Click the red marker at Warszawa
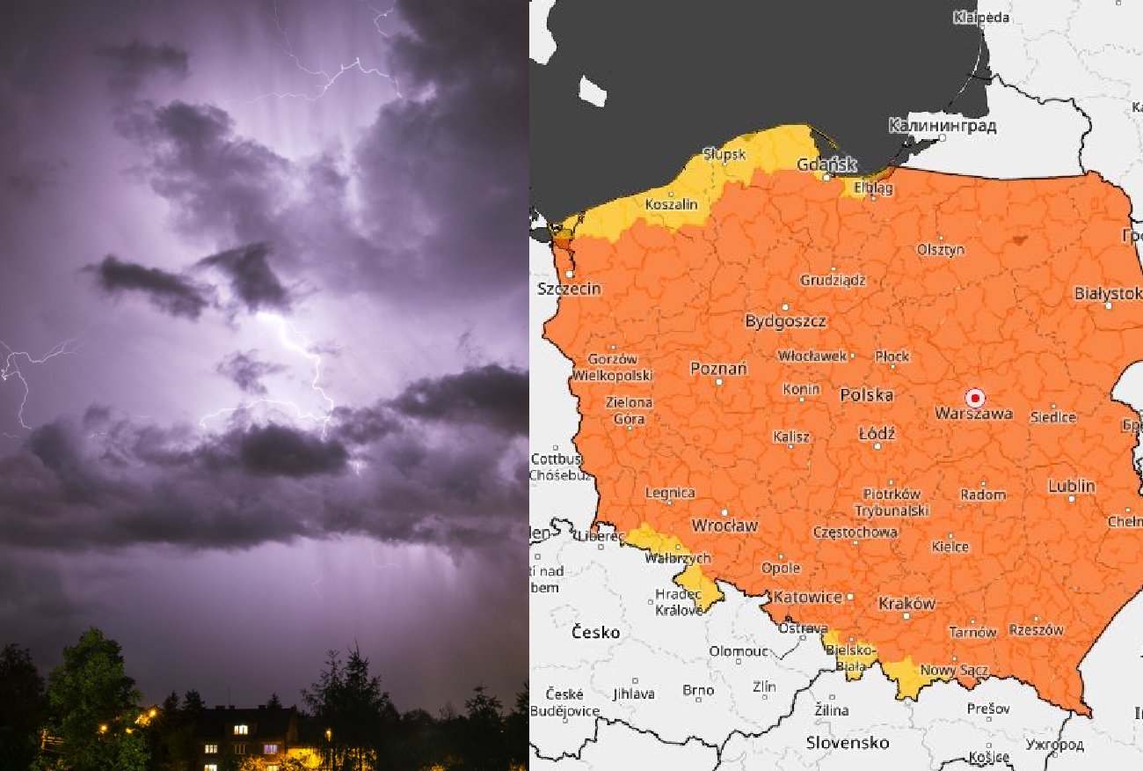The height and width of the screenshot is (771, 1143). point(973,397)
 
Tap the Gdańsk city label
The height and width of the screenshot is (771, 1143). point(826,165)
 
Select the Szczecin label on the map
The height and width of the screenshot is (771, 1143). point(569,289)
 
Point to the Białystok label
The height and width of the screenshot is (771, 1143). point(1108,293)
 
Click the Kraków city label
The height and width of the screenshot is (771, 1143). point(906,604)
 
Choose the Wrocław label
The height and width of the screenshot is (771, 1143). point(724,525)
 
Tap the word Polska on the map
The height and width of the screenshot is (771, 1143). point(866,395)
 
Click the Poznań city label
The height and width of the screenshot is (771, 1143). point(718,369)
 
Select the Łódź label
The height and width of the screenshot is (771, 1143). point(877,434)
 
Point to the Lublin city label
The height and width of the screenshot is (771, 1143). point(1071,486)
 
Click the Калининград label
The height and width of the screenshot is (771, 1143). point(943,126)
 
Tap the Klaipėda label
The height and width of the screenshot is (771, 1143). point(981,18)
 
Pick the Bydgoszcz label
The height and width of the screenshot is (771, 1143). point(785,321)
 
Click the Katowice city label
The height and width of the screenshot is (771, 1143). point(807,597)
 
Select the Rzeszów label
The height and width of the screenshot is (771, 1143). point(1036,630)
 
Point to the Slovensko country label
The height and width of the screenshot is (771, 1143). point(848,743)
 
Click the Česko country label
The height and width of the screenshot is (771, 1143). point(595,632)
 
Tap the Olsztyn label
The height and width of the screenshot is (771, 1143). point(940,250)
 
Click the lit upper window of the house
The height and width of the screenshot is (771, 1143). point(240,730)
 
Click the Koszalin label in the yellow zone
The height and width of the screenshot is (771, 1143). point(671,204)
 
